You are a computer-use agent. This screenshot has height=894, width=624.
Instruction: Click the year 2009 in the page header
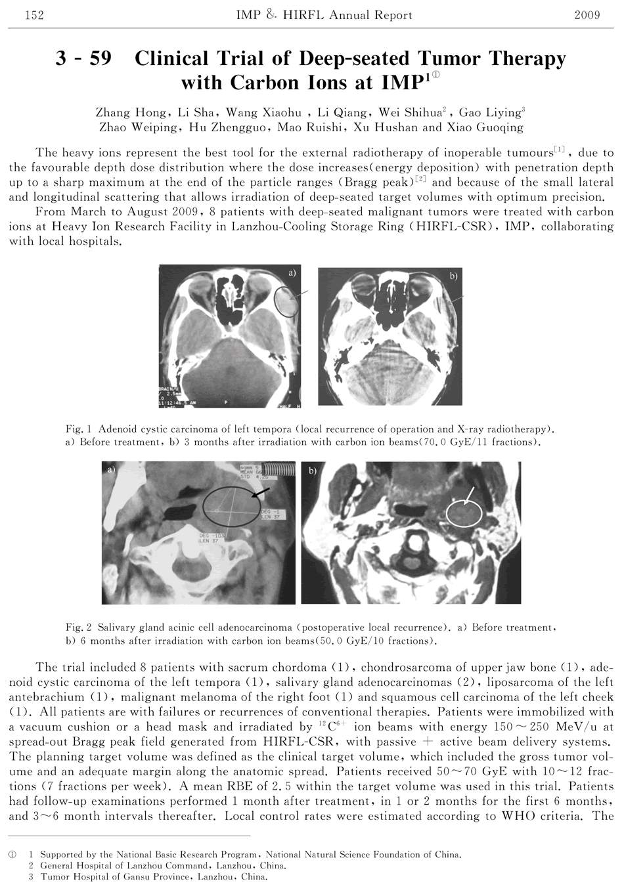tap(587, 14)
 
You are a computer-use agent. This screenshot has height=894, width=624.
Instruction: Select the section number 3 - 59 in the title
tap(83, 59)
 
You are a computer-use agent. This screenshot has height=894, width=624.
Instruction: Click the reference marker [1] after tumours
tap(560, 150)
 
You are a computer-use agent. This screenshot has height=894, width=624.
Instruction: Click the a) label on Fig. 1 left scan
tap(292, 272)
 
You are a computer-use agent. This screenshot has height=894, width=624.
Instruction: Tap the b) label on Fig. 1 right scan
tap(454, 276)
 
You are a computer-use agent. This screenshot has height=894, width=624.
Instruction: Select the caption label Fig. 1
tap(79, 429)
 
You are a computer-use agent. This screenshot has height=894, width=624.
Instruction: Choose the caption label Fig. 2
tap(79, 628)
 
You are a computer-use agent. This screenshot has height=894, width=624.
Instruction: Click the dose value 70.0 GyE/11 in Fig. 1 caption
tap(456, 442)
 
